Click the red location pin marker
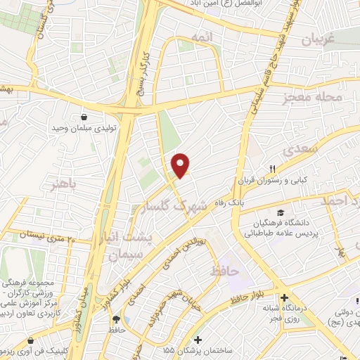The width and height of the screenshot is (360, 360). [x=181, y=165]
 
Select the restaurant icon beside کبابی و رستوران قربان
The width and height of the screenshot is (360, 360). [x=272, y=169]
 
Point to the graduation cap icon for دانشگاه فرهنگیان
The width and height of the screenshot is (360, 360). [x=281, y=212]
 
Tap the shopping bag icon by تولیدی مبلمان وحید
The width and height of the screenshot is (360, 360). [x=84, y=117]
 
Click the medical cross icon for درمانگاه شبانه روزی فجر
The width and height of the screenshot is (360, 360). [x=284, y=297]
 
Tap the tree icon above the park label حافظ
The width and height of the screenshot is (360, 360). [x=114, y=318]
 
